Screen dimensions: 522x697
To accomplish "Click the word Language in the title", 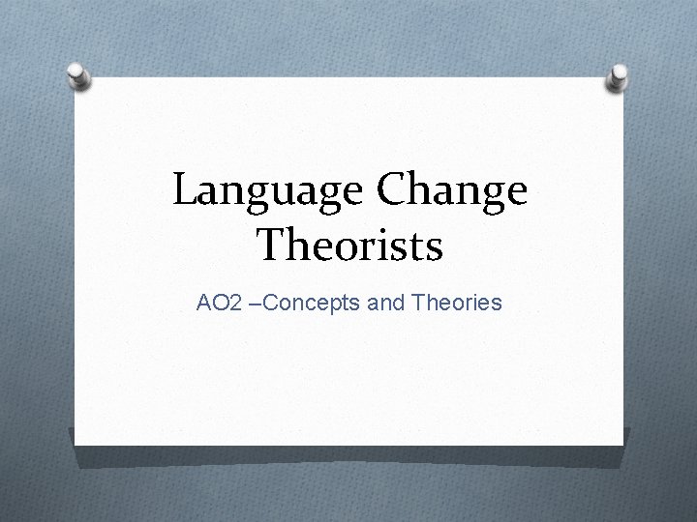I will pos(267,191).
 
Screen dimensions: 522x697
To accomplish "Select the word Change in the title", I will pos(452,191).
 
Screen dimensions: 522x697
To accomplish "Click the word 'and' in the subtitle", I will pos(386,303).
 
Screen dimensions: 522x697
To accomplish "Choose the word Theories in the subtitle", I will pos(457,303).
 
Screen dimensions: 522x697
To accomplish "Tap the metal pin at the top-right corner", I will pos(617,76).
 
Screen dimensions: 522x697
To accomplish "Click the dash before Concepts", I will pos(256,304).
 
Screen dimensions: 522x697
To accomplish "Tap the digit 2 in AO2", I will pos(236,303).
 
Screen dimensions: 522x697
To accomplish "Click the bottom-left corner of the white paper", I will pos(76,446).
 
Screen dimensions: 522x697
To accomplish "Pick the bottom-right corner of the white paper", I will pos(622,445).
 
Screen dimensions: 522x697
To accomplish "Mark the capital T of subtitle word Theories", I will pos(417,303).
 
